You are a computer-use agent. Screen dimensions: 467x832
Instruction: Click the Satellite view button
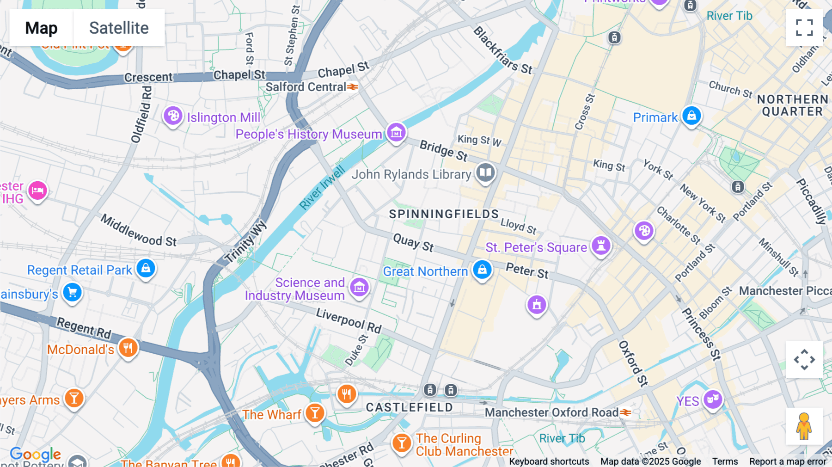119,28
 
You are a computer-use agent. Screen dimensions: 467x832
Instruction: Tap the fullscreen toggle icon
804,28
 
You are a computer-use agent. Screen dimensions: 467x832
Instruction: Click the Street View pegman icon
804,426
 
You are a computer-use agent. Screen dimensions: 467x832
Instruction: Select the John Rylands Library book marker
485,173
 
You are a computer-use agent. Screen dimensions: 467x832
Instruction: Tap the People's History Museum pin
396,133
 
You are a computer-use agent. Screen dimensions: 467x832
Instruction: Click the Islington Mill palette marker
173,116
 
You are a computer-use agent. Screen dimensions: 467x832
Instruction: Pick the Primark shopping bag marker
691,116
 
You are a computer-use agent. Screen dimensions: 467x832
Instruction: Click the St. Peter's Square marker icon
601,246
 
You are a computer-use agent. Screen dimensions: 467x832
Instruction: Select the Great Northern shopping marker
482,270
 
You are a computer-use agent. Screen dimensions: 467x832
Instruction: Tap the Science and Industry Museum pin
359,288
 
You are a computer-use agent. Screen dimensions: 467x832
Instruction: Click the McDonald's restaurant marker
128,348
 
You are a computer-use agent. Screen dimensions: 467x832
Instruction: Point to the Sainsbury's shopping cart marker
72,293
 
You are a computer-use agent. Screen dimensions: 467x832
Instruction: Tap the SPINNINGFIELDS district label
444,214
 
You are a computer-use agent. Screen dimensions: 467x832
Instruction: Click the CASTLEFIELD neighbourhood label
409,407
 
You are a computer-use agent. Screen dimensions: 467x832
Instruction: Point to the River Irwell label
322,188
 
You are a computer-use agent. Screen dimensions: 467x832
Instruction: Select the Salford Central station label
306,87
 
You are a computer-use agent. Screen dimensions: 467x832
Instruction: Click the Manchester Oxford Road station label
551,412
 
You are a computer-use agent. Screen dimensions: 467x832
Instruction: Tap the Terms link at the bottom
725,461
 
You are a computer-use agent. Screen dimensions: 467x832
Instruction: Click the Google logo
36,454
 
